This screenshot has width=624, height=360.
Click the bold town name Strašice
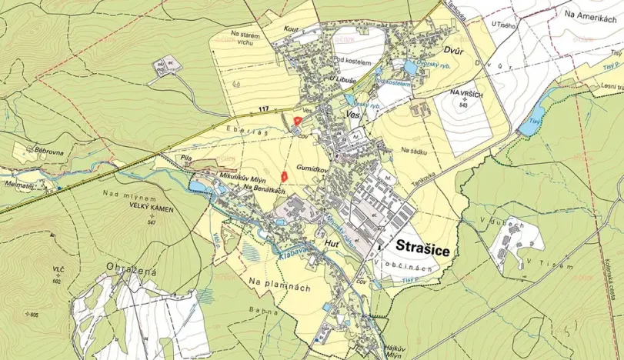pos(423,248)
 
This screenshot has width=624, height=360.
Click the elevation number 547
pos(150,222)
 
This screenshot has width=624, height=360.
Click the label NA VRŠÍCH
pos(465,92)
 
